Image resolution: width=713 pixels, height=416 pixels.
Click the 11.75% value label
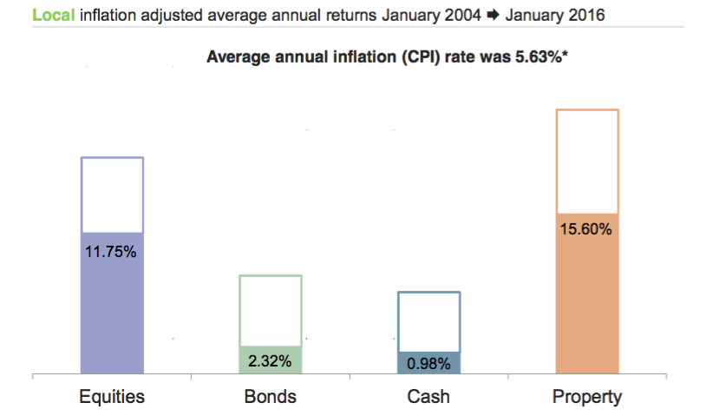(111, 253)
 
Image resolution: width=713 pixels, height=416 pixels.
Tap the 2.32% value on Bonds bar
(270, 361)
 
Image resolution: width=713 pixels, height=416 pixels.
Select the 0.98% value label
(428, 363)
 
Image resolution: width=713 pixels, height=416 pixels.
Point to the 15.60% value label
(587, 230)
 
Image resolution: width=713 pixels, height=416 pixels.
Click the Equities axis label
(111, 398)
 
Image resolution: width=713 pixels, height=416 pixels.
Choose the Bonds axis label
(270, 398)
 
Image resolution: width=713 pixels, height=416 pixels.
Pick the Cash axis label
(428, 398)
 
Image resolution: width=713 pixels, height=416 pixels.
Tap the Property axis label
(587, 398)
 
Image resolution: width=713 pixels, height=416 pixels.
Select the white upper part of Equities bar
(111, 195)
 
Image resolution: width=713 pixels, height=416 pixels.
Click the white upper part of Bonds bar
(270, 311)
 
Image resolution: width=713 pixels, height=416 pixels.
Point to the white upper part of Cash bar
(428, 321)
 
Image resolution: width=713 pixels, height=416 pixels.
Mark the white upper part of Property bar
(587, 161)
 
